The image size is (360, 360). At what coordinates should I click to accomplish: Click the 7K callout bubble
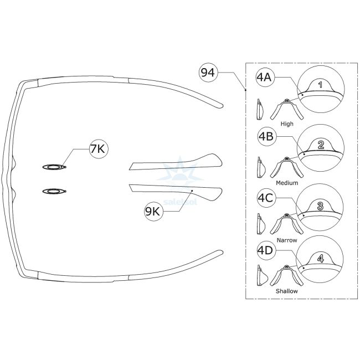click(x=100, y=148)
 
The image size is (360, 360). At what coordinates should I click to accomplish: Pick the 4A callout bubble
click(x=263, y=78)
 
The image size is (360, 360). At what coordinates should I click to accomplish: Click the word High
click(x=287, y=124)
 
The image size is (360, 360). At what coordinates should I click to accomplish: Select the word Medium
click(x=287, y=183)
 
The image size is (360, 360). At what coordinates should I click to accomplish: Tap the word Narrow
click(x=287, y=240)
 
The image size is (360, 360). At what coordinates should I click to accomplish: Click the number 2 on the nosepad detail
click(x=321, y=146)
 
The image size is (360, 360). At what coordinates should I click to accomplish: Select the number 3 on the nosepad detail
click(x=320, y=205)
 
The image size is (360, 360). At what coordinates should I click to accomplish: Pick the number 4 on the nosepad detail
click(x=320, y=258)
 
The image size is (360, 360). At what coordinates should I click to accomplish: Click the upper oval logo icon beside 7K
click(x=54, y=166)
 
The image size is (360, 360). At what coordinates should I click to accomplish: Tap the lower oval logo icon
click(x=54, y=191)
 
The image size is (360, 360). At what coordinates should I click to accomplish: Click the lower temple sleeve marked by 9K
click(x=177, y=192)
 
